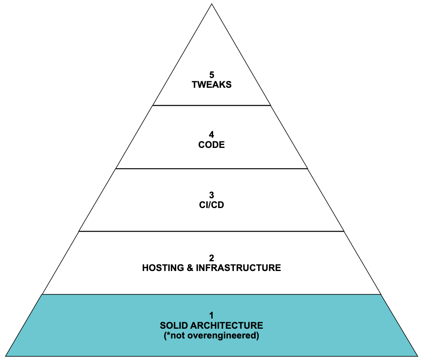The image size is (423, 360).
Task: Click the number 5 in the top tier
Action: click(x=211, y=75)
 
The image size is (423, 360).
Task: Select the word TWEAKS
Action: click(x=211, y=85)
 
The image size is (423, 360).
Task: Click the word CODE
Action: click(x=211, y=145)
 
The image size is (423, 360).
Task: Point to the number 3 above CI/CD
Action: click(x=211, y=195)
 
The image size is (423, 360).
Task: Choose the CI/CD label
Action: click(x=211, y=205)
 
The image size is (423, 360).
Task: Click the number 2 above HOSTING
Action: click(x=211, y=258)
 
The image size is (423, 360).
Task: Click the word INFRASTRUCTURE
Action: click(x=238, y=268)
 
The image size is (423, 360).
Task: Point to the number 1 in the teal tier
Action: click(x=211, y=315)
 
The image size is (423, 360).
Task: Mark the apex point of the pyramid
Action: click(x=211, y=4)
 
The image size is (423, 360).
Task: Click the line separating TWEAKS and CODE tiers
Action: click(x=211, y=105)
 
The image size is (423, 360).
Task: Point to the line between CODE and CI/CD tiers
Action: click(x=211, y=168)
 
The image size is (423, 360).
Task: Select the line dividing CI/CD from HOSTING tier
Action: click(x=211, y=231)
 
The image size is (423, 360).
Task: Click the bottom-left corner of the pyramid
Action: click(x=6, y=356)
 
